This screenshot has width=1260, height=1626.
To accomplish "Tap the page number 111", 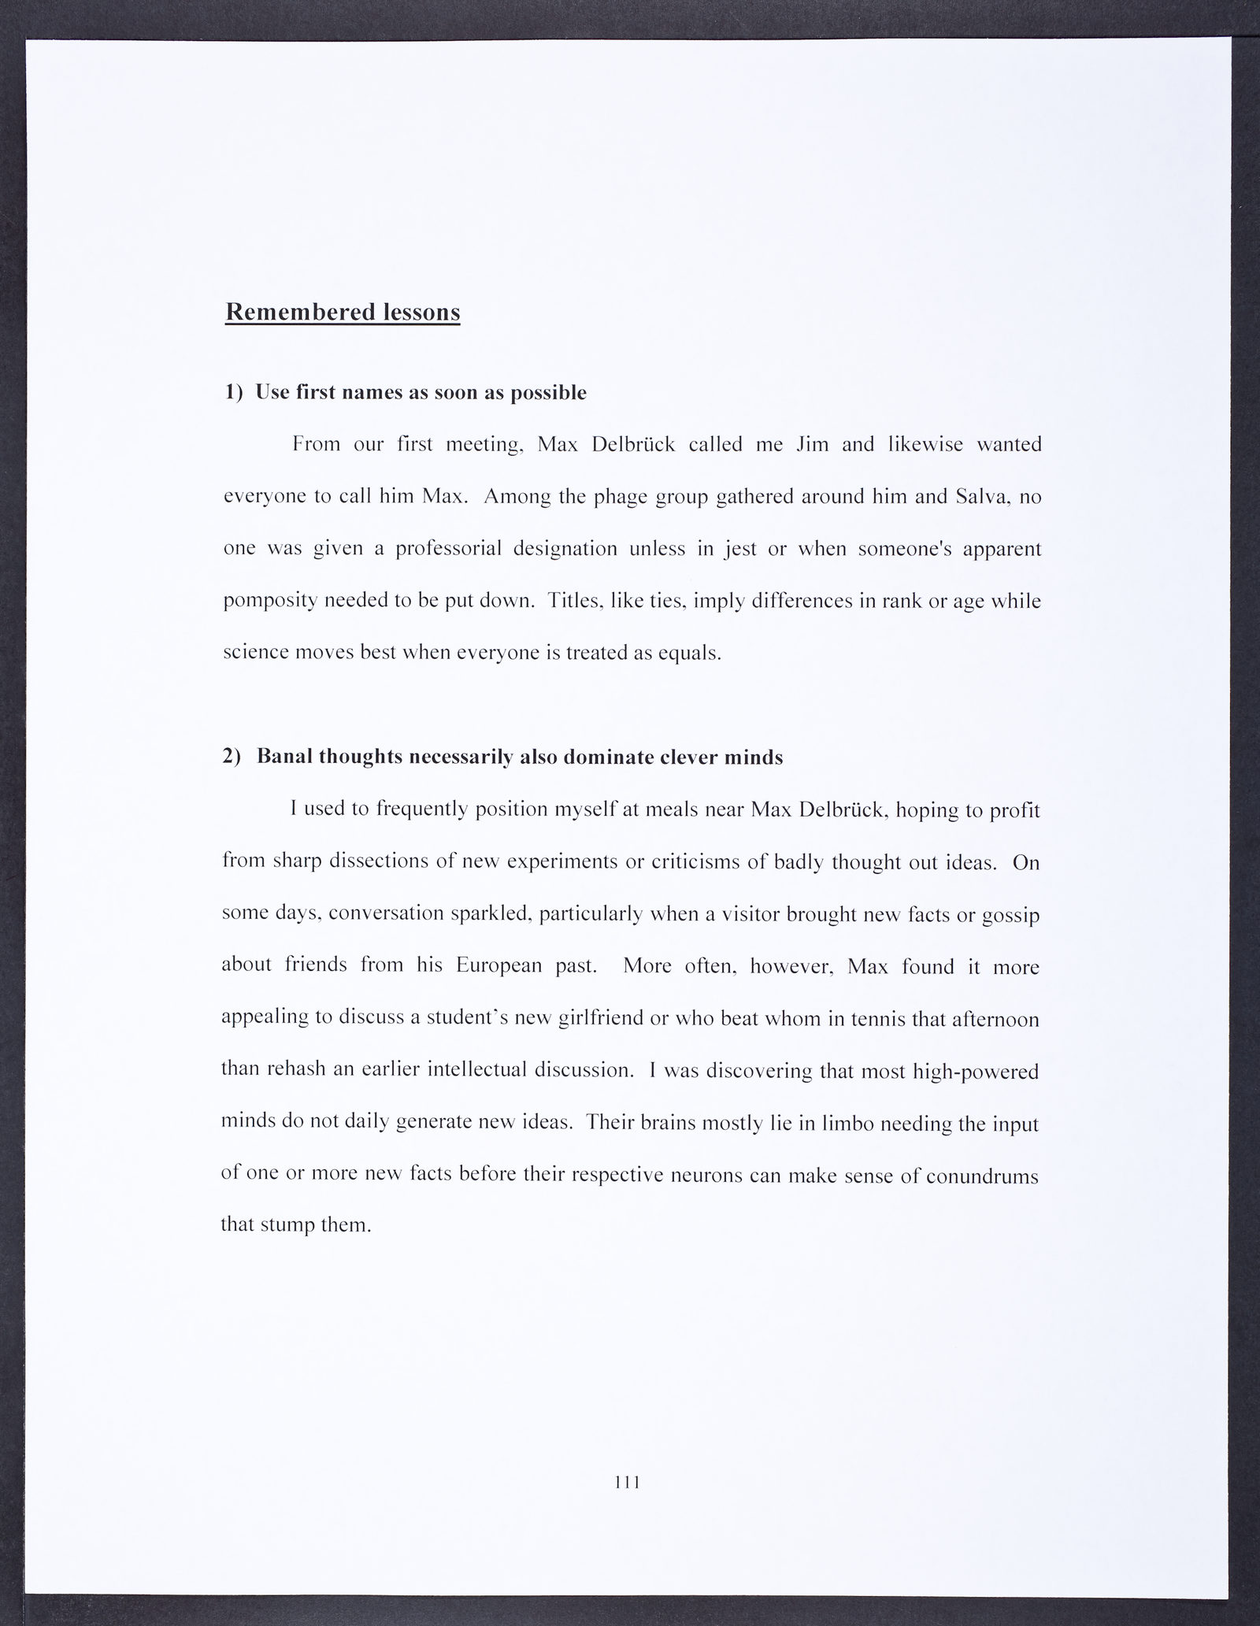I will pyautogui.click(x=627, y=1482).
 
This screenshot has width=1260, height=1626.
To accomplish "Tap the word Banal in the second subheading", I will pyautogui.click(x=283, y=757).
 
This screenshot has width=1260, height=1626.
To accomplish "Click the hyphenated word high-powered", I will pyautogui.click(x=974, y=1072).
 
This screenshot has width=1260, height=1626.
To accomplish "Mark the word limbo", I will pyautogui.click(x=847, y=1123).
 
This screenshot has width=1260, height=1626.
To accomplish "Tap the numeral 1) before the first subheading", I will pyautogui.click(x=235, y=392).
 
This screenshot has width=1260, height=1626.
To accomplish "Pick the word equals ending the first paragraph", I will pyautogui.click(x=690, y=654).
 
